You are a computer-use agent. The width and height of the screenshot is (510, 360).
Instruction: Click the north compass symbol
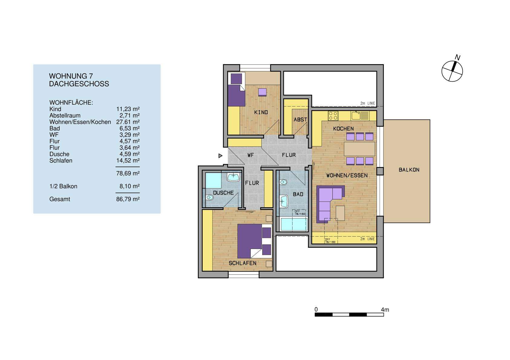(x=452, y=71)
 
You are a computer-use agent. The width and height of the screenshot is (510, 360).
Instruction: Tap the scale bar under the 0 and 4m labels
(x=349, y=315)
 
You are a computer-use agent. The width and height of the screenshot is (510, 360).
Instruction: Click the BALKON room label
(x=409, y=170)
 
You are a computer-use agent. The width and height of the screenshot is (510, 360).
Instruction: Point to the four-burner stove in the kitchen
(x=333, y=116)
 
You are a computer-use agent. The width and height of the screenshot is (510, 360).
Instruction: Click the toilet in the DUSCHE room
(x=209, y=198)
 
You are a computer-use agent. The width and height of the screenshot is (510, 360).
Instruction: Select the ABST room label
(x=300, y=120)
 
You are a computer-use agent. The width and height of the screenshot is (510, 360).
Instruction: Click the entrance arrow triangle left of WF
(x=221, y=156)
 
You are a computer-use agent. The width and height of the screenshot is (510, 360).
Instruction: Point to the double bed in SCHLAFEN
(x=253, y=241)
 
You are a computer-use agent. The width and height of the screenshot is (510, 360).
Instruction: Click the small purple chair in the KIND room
(x=262, y=92)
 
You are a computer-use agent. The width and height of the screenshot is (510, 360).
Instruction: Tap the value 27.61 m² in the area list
(x=128, y=122)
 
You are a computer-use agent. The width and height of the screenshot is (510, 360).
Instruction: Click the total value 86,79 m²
(x=128, y=199)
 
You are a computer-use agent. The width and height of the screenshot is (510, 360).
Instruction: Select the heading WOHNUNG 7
(x=70, y=76)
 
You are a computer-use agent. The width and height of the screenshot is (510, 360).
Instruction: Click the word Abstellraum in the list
(x=65, y=116)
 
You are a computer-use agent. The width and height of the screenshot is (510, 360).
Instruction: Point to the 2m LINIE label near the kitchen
(x=367, y=103)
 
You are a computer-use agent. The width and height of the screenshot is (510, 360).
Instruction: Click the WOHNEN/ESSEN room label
(x=347, y=175)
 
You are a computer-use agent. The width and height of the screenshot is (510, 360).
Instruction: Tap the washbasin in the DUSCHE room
(x=233, y=177)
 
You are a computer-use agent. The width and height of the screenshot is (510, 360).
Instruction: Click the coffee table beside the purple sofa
(x=340, y=213)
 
